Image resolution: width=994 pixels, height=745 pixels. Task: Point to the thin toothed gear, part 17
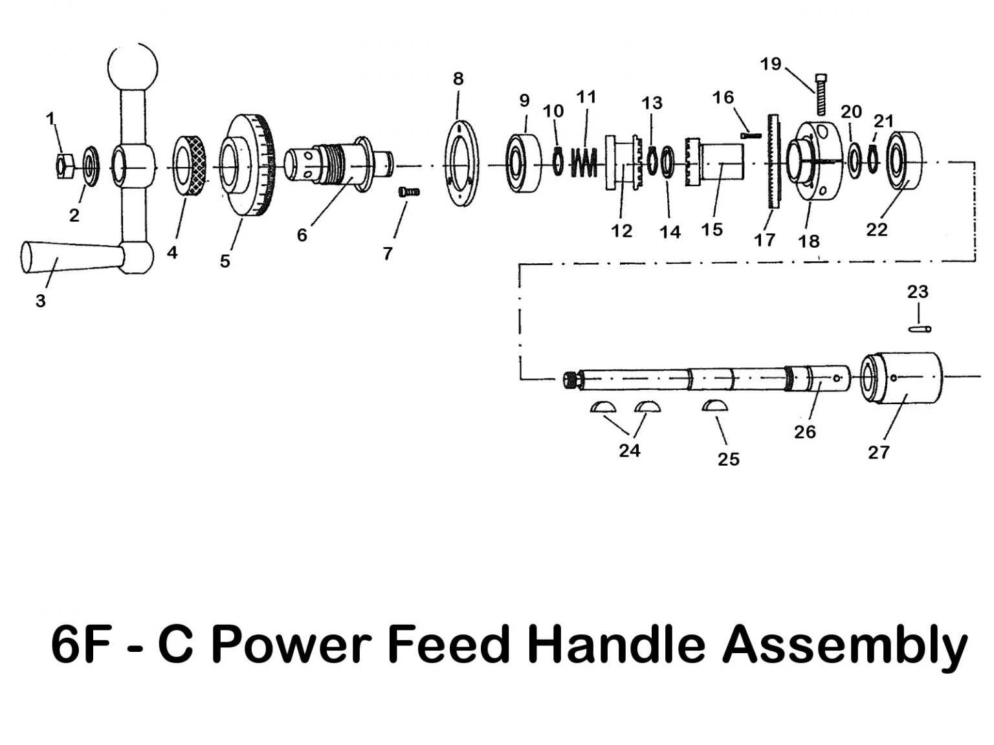[773, 161]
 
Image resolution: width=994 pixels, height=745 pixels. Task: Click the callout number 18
[809, 241]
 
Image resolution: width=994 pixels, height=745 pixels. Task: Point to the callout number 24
[629, 450]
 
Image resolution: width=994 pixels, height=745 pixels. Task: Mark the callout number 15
[712, 230]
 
